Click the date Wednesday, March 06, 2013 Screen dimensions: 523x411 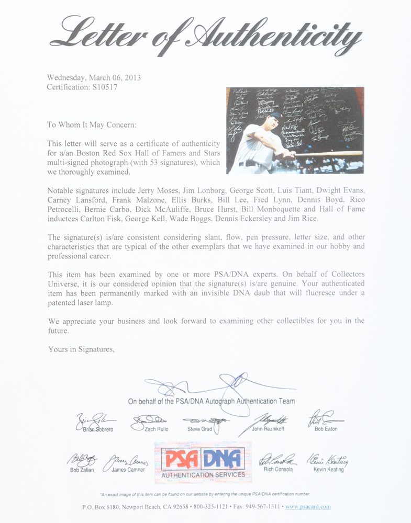(x=94, y=77)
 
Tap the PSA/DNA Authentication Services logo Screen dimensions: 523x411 (x=203, y=460)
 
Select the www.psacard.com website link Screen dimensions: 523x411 (x=308, y=507)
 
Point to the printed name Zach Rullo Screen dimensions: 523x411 (x=157, y=429)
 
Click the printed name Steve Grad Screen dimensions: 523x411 (x=199, y=429)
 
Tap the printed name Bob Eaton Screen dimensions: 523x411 (x=326, y=429)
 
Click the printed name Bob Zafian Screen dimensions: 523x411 (x=82, y=470)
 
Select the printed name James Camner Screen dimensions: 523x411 (x=128, y=470)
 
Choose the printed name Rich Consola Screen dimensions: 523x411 (x=278, y=470)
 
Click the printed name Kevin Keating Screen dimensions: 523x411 (x=329, y=470)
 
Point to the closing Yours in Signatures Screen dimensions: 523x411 (x=81, y=349)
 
